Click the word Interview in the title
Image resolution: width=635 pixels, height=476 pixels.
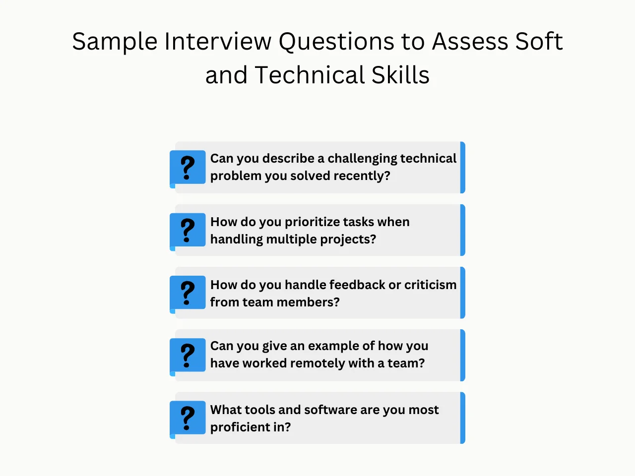point(218,42)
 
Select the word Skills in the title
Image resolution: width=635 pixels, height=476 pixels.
point(400,75)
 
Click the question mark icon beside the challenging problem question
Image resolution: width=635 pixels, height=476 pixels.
point(188,167)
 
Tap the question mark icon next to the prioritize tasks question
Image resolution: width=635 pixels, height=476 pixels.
point(188,230)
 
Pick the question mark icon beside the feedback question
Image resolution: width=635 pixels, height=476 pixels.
point(188,293)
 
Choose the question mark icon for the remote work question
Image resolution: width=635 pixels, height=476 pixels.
point(188,355)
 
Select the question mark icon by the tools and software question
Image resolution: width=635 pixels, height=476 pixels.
point(188,418)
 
